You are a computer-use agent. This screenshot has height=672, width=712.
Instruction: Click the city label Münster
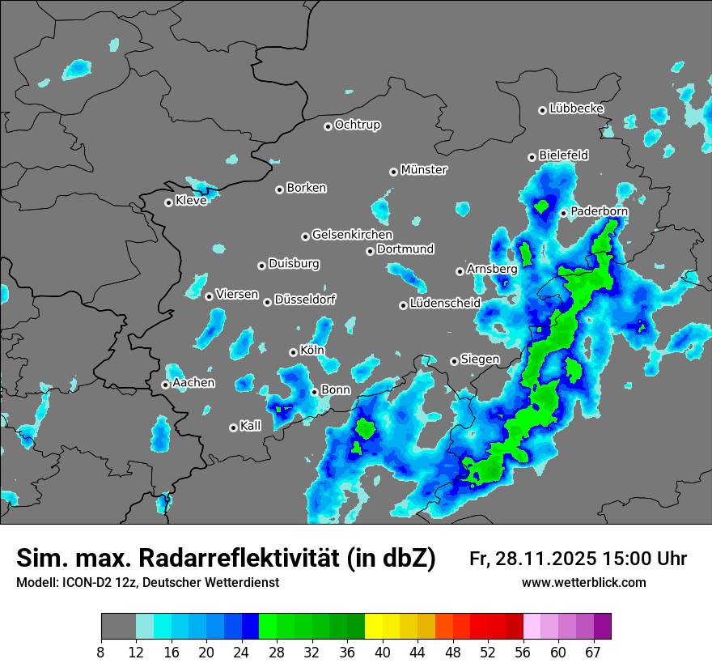pos(424,170)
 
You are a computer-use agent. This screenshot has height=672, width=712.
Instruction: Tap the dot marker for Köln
pos(293,352)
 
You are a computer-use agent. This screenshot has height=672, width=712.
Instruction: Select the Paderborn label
pos(599,211)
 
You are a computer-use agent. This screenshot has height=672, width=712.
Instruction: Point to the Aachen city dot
pos(165,385)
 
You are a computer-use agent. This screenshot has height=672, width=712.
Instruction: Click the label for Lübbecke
pos(576,108)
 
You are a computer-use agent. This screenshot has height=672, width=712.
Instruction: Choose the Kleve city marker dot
pos(168,202)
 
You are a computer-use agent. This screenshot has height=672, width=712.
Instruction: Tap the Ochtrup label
pos(357,125)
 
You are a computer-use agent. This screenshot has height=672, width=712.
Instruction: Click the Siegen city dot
pos(454,361)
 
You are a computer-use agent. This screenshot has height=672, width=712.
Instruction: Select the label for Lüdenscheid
pos(445,304)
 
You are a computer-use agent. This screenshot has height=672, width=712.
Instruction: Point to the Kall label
pos(251,426)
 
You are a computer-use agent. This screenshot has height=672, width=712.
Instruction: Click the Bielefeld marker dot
pos(532,157)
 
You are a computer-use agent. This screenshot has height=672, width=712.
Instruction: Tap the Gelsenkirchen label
pos(352,235)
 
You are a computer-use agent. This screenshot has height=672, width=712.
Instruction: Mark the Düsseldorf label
pos(305,300)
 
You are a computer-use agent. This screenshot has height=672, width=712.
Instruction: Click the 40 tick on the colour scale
pos(383,652)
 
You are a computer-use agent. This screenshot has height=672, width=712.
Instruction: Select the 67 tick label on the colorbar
pos(593,652)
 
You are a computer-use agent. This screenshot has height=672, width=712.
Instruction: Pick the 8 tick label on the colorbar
pos(101,652)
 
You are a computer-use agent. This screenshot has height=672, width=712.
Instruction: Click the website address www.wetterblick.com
pos(583,583)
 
